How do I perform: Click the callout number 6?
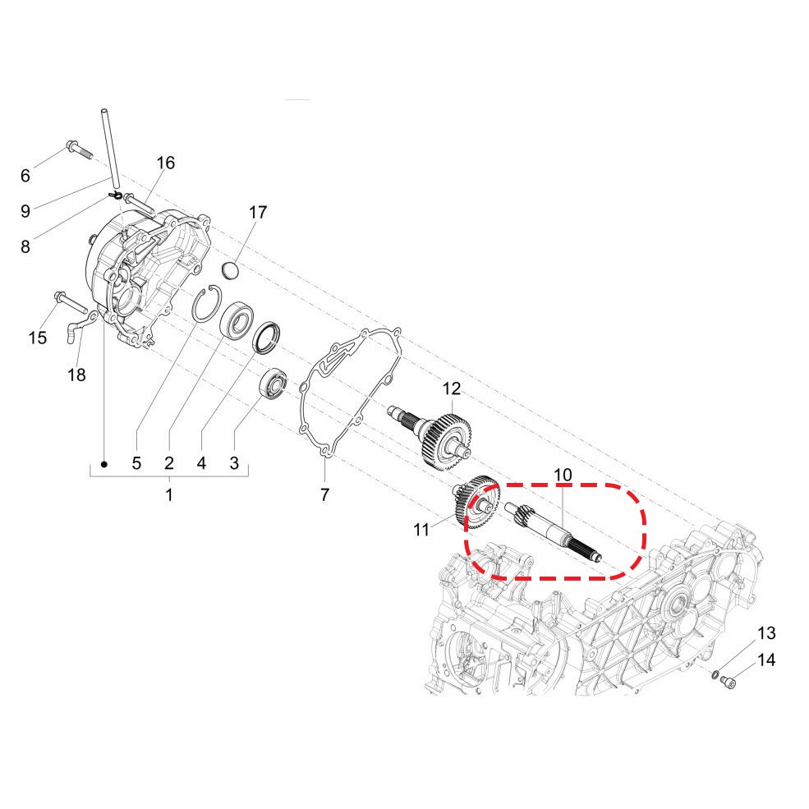coord(25,176)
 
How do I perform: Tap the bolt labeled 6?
coord(78,149)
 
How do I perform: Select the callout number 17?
coord(258,212)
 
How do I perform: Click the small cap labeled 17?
coord(231,270)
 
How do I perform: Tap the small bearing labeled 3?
coord(273,384)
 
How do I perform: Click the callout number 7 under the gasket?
coord(324,494)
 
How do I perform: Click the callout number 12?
coord(452,388)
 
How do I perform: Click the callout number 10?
coord(563,475)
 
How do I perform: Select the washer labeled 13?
coord(715,674)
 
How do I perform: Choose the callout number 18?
coord(76,375)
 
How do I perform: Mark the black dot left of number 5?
coord(103,464)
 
